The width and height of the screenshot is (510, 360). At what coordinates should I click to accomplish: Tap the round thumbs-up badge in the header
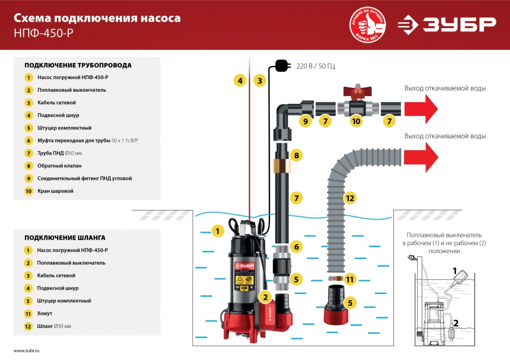point(368,24)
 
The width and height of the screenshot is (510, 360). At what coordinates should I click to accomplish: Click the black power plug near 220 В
point(281,66)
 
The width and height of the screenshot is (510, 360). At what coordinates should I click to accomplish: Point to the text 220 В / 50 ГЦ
point(315,67)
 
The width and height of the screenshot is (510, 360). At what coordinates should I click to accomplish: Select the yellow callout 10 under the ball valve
point(356,121)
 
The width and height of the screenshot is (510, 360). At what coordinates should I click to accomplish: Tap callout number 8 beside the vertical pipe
point(296,156)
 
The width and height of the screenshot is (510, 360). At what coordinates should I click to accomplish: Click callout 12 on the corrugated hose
point(350,198)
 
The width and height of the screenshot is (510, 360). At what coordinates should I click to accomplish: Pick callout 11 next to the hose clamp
point(350,280)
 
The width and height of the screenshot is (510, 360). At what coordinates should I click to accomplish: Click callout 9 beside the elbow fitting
point(305,121)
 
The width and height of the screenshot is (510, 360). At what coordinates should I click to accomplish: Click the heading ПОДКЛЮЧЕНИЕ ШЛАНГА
point(65,237)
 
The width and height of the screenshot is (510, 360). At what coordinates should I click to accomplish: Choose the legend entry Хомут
point(46,313)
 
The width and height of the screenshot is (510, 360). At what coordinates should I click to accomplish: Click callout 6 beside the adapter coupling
point(296,247)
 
